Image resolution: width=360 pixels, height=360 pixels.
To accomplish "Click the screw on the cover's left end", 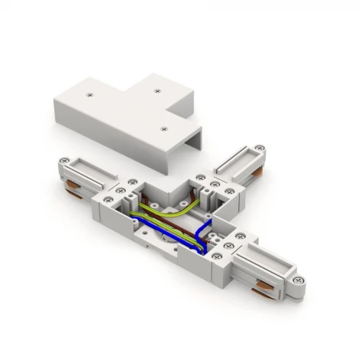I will click(x=90, y=95).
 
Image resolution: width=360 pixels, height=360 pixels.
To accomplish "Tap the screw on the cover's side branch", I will click(x=158, y=91).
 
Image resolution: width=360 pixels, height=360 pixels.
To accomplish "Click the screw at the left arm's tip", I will click(x=67, y=162).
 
